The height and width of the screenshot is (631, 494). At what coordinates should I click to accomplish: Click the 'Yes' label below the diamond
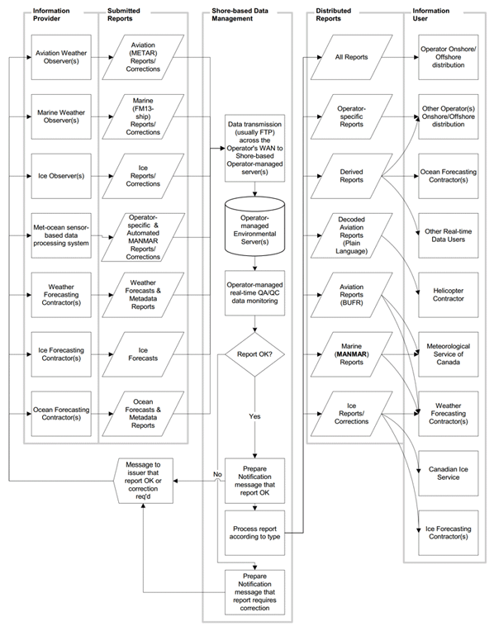pos(255,416)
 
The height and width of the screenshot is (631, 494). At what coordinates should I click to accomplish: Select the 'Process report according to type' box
pos(255,533)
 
